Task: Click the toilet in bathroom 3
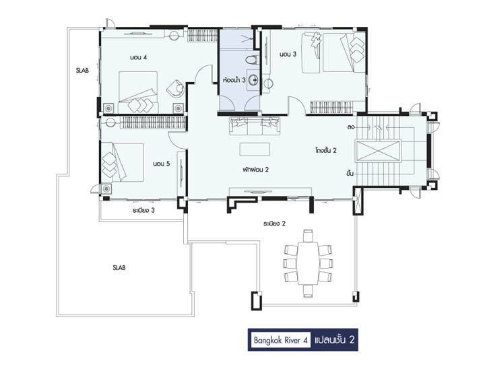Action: pyautogui.click(x=253, y=60)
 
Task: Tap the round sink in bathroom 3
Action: pyautogui.click(x=253, y=80)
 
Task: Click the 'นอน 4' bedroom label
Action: pyautogui.click(x=138, y=57)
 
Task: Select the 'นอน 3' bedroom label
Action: pyautogui.click(x=288, y=54)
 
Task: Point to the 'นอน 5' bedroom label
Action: pyautogui.click(x=162, y=164)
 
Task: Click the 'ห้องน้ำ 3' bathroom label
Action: pyautogui.click(x=234, y=80)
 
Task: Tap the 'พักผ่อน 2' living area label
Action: pyautogui.click(x=255, y=170)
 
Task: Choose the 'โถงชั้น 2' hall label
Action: pyautogui.click(x=326, y=150)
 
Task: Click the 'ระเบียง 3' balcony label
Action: pyautogui.click(x=143, y=210)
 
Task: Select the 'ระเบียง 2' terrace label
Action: pyautogui.click(x=274, y=224)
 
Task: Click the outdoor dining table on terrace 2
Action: pyautogui.click(x=308, y=263)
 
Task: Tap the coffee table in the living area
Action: pyautogui.click(x=255, y=149)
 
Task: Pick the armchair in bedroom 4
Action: pyautogui.click(x=175, y=88)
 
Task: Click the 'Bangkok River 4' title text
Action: pyautogui.click(x=280, y=340)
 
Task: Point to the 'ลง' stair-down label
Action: pyautogui.click(x=350, y=127)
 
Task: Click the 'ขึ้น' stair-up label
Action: pyautogui.click(x=350, y=173)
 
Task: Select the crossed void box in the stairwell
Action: pyautogui.click(x=378, y=151)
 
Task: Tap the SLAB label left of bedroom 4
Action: pyautogui.click(x=82, y=70)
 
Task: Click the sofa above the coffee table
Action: pyautogui.click(x=255, y=126)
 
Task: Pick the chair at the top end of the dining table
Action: pyautogui.click(x=308, y=236)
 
